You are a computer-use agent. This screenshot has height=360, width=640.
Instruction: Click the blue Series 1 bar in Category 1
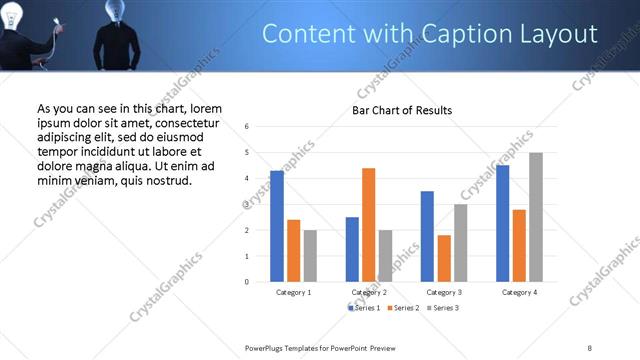pyautogui.click(x=277, y=226)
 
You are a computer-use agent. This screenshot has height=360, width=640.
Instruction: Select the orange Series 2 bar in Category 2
pyautogui.click(x=368, y=225)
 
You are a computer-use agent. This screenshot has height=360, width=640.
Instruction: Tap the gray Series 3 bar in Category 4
pyautogui.click(x=536, y=217)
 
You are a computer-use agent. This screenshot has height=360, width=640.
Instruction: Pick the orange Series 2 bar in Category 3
pyautogui.click(x=443, y=258)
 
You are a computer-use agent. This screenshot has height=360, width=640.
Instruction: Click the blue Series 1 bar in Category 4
pyautogui.click(x=502, y=223)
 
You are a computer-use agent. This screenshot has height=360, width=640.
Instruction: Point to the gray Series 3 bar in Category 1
pyautogui.click(x=310, y=256)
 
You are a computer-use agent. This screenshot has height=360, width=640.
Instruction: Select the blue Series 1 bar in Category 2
pyautogui.click(x=352, y=249)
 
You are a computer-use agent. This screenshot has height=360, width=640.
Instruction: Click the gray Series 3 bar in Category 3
pyautogui.click(x=460, y=243)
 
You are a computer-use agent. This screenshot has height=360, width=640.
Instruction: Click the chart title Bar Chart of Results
pyautogui.click(x=401, y=110)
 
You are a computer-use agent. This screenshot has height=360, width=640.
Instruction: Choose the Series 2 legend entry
pyautogui.click(x=404, y=308)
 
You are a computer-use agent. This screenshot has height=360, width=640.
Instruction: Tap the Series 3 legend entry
pyautogui.click(x=443, y=308)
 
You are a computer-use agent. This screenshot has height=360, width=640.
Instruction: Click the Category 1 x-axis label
pyautogui.click(x=293, y=292)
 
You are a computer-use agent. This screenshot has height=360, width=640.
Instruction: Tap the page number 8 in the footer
pyautogui.click(x=589, y=347)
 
